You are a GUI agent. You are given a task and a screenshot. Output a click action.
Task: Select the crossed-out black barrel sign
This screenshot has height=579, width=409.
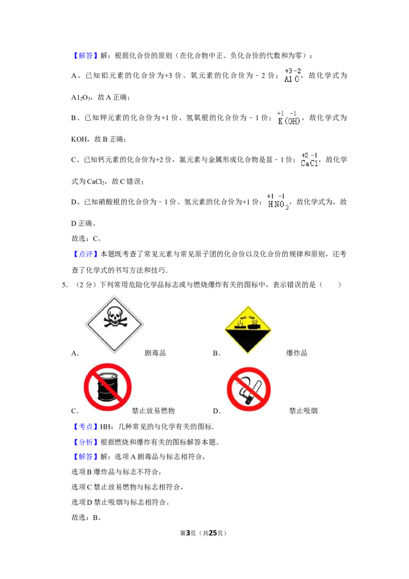pyautogui.click(x=107, y=387)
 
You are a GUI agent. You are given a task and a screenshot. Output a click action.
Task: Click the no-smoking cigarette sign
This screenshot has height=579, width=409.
pyautogui.click(x=249, y=389)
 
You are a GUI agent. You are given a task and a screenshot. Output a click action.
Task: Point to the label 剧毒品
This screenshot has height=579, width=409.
pyautogui.click(x=155, y=353)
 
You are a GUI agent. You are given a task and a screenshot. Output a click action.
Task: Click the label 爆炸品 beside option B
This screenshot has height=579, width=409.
pyautogui.click(x=297, y=353)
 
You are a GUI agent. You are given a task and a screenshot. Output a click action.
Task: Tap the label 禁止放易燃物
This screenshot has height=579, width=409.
pyautogui.click(x=153, y=411)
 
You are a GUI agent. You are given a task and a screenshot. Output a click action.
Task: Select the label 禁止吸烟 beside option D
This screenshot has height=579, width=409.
pyautogui.click(x=304, y=411)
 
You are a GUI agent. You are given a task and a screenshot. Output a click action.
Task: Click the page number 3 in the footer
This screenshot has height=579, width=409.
pyautogui.click(x=188, y=533)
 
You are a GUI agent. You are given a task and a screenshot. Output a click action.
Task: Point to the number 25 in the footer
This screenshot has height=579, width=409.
pyautogui.click(x=213, y=533)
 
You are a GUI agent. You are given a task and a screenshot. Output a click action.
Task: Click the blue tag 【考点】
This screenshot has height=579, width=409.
pyautogui.click(x=86, y=427)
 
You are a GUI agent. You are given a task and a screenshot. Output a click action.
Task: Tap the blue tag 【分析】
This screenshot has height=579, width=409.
pyautogui.click(x=86, y=442)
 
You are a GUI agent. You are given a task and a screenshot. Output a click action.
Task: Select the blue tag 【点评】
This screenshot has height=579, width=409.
pyautogui.click(x=86, y=254)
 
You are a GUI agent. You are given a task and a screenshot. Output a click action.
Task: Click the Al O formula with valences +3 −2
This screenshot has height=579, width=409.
pyautogui.click(x=293, y=75)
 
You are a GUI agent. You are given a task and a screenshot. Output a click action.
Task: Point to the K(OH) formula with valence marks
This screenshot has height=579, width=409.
pyautogui.click(x=289, y=118)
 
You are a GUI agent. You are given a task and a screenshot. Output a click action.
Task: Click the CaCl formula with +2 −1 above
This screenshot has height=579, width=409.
pyautogui.click(x=309, y=160)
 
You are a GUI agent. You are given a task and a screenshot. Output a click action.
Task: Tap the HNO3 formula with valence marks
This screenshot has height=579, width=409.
pyautogui.click(x=278, y=202)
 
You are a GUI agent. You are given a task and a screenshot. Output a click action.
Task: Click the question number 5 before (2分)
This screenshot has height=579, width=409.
pyautogui.click(x=64, y=285)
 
